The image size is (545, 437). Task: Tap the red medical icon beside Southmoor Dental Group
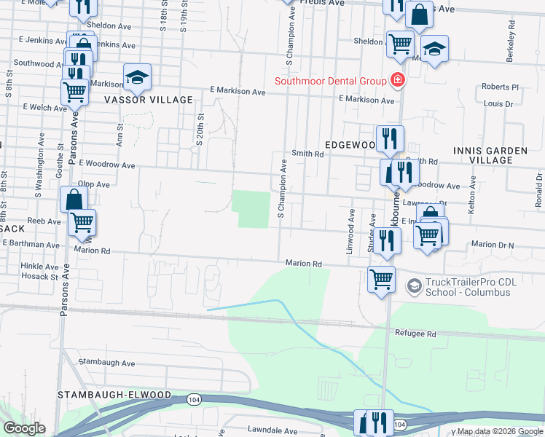coord(398,80)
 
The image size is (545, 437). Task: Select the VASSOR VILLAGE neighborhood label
coord(149,100)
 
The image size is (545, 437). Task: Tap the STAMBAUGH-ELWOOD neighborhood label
coord(114,395)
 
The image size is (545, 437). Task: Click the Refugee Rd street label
coord(414,334)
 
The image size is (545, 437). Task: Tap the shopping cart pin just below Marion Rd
coord(382,279)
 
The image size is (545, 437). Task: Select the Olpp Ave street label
coord(93,185)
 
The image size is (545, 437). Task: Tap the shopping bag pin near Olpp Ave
coord(74,199)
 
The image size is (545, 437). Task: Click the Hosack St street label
coord(39,277)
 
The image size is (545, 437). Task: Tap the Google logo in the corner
coord(24,428)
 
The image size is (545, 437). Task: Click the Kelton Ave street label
coord(472,194)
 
